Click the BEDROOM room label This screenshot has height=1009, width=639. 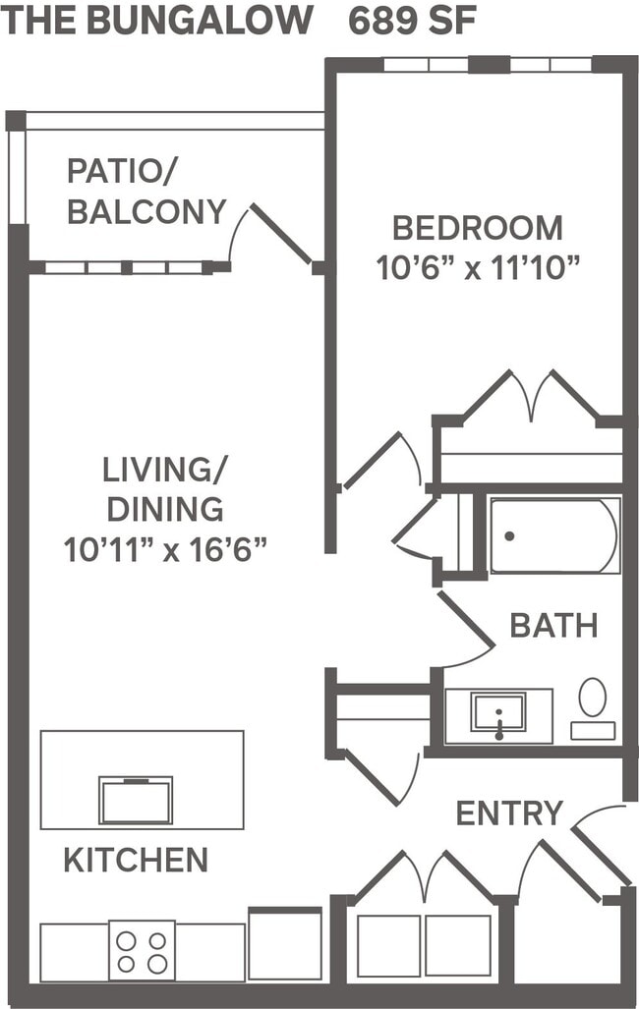pos(478,228)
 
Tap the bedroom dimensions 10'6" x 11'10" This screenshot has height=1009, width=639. pos(479,267)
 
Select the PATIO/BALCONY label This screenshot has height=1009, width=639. pos(146,191)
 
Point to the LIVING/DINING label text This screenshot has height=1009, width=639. pos(164,489)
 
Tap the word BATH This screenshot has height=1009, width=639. pos(553,625)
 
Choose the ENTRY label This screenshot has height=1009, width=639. pos(509,813)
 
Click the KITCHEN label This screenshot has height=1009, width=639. pos(136,861)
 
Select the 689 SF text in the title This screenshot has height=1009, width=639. pos(413,21)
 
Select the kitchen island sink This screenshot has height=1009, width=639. pos(136,800)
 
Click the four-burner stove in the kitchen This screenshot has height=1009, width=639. pos(142,950)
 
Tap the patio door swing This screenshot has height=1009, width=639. pos(280,234)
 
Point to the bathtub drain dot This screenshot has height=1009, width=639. pos(509,536)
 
